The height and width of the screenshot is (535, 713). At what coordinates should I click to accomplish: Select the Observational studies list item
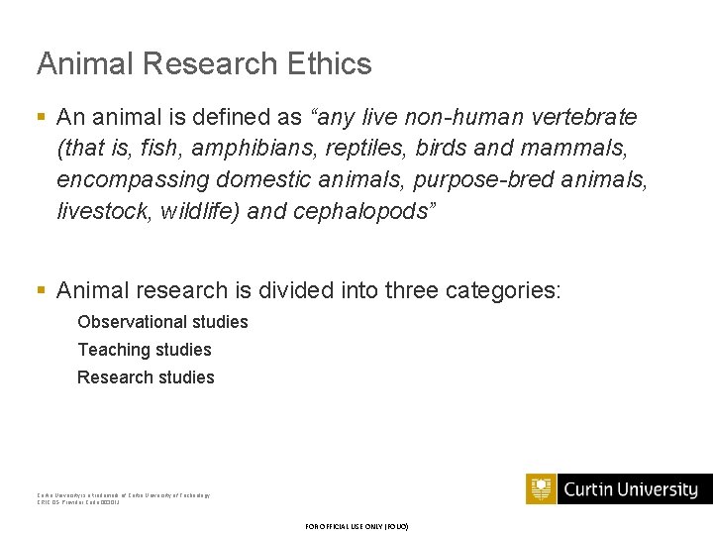[x=162, y=322]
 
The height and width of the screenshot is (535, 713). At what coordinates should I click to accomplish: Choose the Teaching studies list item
[x=145, y=350]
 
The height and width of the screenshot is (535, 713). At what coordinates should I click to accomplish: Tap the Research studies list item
[x=146, y=377]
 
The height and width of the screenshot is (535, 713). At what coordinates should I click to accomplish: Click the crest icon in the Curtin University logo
[x=542, y=489]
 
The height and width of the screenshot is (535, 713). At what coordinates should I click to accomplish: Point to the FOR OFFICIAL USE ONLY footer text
[x=356, y=526]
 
